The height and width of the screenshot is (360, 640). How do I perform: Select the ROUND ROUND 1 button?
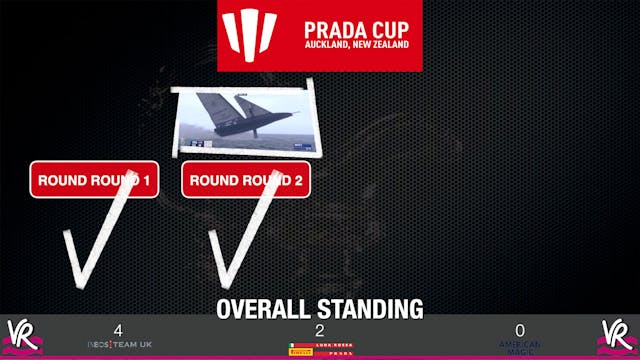click(x=94, y=181)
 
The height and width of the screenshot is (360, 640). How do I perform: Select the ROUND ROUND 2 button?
click(x=246, y=181)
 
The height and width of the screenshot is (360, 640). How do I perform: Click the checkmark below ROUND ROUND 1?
click(x=95, y=240)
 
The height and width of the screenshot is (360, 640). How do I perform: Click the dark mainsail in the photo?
click(x=216, y=110)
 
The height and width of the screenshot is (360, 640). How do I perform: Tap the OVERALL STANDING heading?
click(x=320, y=308)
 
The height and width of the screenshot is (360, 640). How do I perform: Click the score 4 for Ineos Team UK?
click(x=118, y=330)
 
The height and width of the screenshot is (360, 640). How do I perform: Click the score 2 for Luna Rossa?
click(x=319, y=330)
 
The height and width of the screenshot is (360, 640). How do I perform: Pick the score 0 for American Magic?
click(x=520, y=330)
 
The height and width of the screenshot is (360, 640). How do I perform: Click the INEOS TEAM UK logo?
click(x=119, y=345)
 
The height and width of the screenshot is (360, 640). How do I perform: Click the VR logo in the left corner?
click(x=22, y=335)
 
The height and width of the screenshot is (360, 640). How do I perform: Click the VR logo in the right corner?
click(x=617, y=335)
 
